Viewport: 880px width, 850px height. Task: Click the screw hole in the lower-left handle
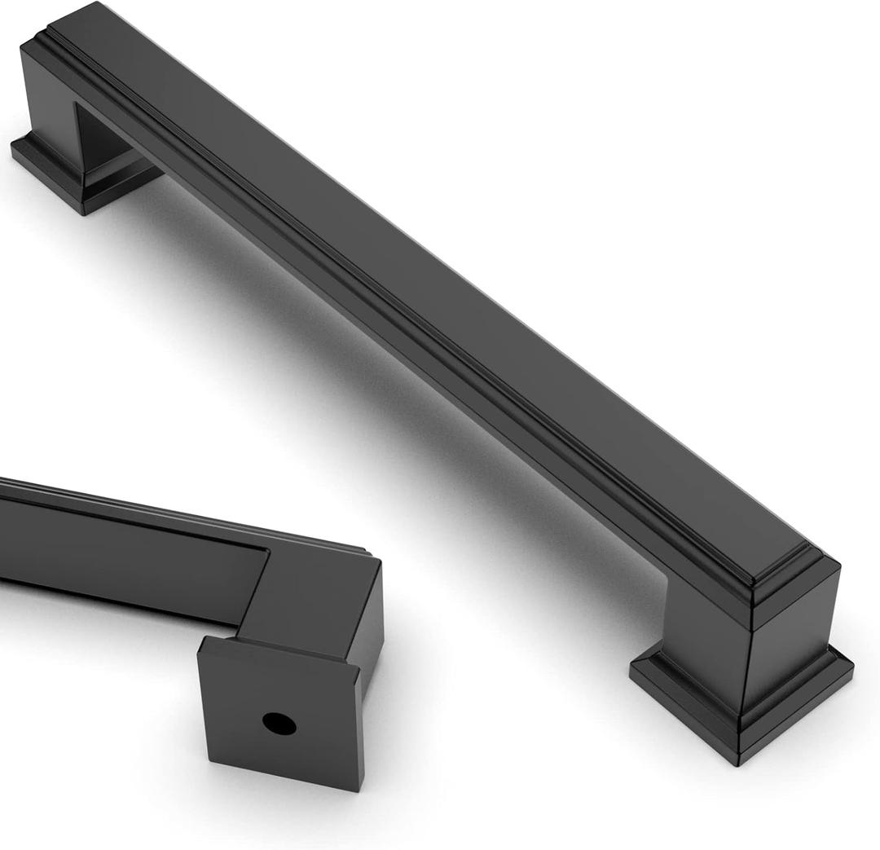pyautogui.click(x=279, y=724)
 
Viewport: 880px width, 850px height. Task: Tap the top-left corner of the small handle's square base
pyautogui.click(x=199, y=640)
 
